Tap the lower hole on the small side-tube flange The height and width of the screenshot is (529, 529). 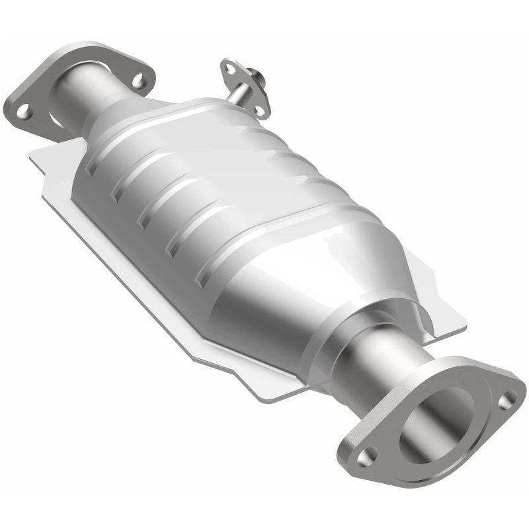(260, 108)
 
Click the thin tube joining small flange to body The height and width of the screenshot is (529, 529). (235, 97)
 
